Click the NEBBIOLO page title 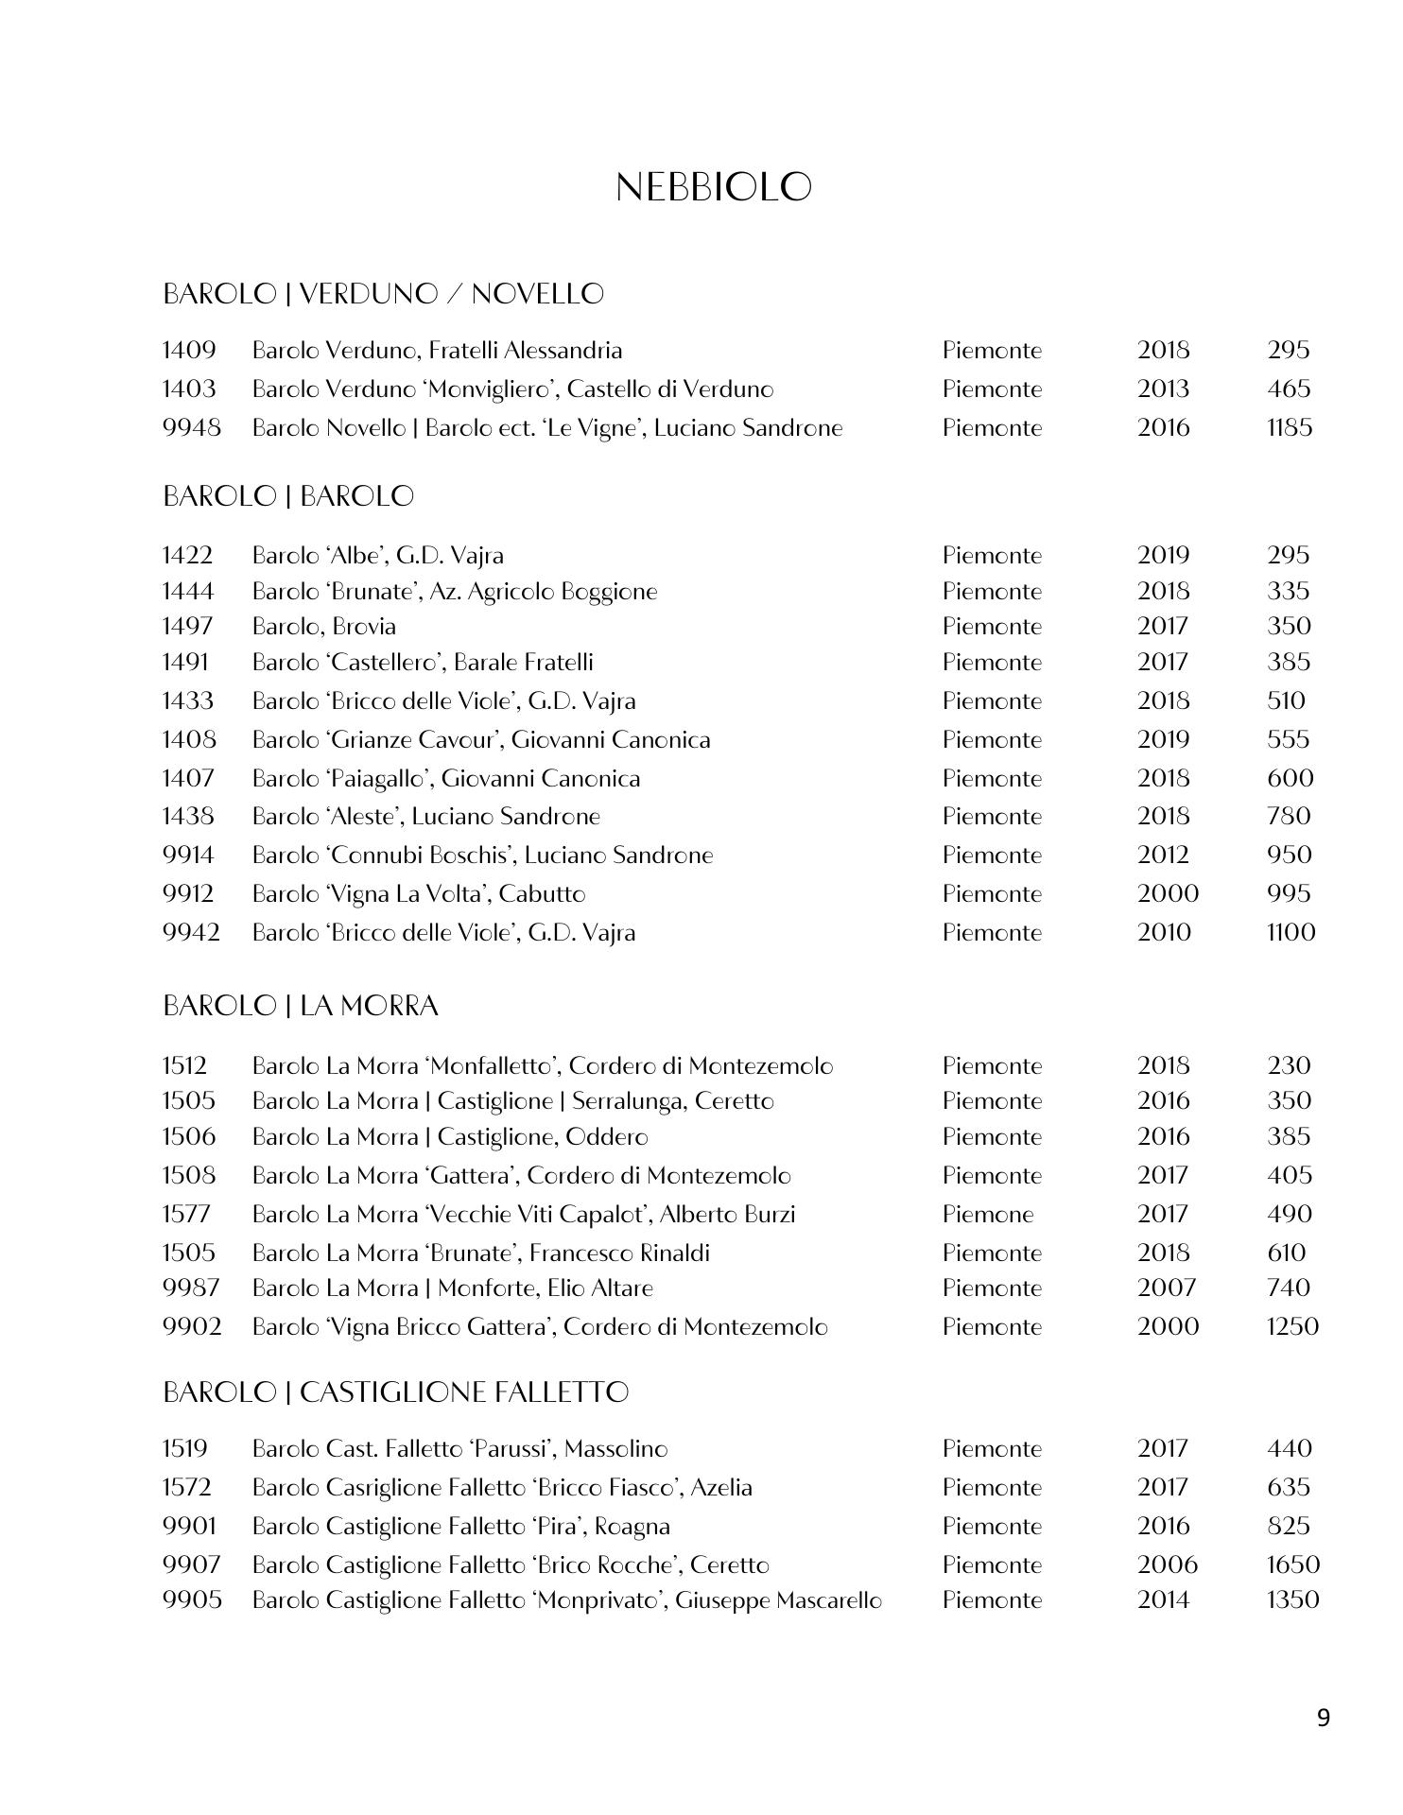pyautogui.click(x=714, y=187)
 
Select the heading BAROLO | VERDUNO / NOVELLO pyautogui.click(x=383, y=294)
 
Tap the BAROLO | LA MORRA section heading pyautogui.click(x=301, y=1006)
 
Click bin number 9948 pyautogui.click(x=191, y=428)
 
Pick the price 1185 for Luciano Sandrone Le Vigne pyautogui.click(x=1290, y=428)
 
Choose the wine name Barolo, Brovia pyautogui.click(x=324, y=627)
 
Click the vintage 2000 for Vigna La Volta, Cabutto pyautogui.click(x=1168, y=894)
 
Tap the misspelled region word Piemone pyautogui.click(x=988, y=1215)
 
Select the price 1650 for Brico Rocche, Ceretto pyautogui.click(x=1292, y=1565)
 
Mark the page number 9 pyautogui.click(x=1323, y=1718)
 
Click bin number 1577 pyautogui.click(x=186, y=1215)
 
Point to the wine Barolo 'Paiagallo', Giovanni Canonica pyautogui.click(x=446, y=779)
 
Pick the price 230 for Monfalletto pyautogui.click(x=1289, y=1066)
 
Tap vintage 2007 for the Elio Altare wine pyautogui.click(x=1167, y=1288)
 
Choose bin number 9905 pyautogui.click(x=192, y=1600)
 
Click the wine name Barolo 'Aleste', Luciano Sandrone pyautogui.click(x=426, y=817)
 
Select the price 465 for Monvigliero pyautogui.click(x=1289, y=389)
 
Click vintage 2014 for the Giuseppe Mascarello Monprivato pyautogui.click(x=1163, y=1600)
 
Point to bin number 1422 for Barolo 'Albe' pyautogui.click(x=187, y=556)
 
